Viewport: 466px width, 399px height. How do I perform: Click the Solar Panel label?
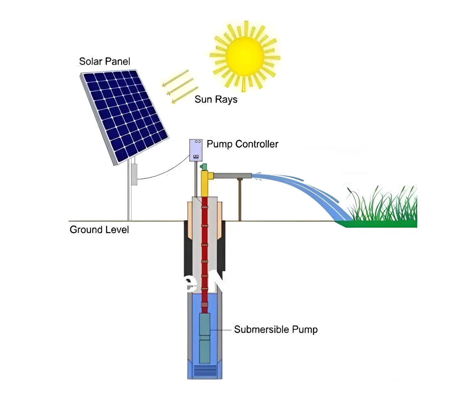(105, 62)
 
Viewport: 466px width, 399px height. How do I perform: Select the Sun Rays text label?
(216, 99)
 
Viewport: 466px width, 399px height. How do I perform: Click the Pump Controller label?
(242, 144)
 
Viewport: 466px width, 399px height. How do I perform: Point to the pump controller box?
(196, 150)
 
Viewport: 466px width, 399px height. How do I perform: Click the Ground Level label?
(99, 230)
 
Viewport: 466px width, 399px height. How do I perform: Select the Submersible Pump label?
(276, 330)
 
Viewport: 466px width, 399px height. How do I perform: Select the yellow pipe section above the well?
(204, 185)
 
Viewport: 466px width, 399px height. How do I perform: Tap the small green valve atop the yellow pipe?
(204, 167)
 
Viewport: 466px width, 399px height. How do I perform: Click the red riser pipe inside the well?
(204, 253)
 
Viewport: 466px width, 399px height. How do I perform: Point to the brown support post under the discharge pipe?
(240, 199)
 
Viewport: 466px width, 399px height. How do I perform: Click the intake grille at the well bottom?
(205, 372)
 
